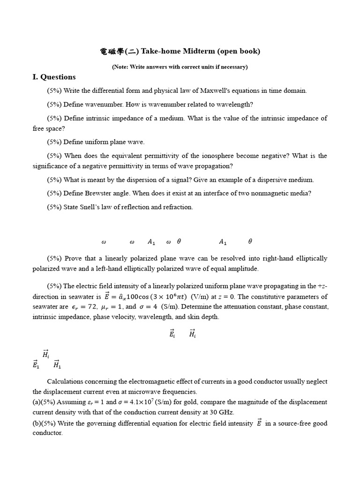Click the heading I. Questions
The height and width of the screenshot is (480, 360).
(x=54, y=77)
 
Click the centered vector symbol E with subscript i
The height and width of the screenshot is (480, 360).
(x=172, y=334)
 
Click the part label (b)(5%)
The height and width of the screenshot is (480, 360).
(x=48, y=423)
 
